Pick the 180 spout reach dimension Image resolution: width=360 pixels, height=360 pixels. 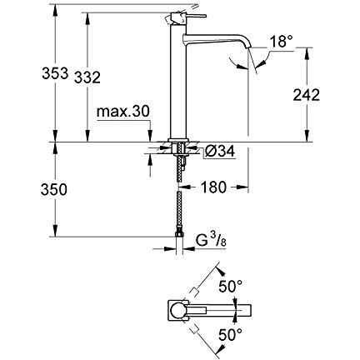[x=216, y=187]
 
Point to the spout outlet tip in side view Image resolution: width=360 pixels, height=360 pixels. [x=248, y=67]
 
